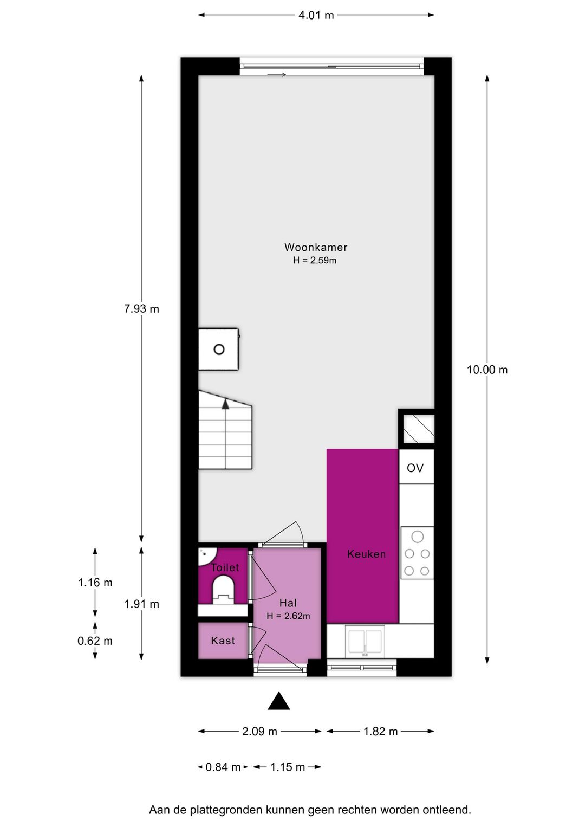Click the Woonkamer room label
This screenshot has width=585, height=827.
[x=316, y=247]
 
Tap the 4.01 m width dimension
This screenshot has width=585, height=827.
[x=316, y=15]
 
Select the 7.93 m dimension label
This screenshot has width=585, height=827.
[x=141, y=309]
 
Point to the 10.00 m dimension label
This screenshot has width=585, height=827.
[x=487, y=370]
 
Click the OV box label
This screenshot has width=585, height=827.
[x=415, y=468]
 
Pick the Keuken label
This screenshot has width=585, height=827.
[x=366, y=554]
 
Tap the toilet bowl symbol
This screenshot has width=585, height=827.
[x=223, y=589]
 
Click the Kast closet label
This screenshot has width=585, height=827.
[x=223, y=641]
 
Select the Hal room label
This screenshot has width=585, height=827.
[x=288, y=603]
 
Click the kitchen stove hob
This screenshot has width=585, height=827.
[x=417, y=553]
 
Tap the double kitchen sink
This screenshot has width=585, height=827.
[x=365, y=641]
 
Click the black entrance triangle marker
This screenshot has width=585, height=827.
[x=279, y=701]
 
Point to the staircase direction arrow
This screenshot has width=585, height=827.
[x=225, y=404]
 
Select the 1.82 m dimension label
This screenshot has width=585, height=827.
[x=380, y=731]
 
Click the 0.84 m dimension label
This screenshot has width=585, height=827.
[x=223, y=767]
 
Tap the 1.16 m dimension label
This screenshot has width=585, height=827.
[x=95, y=583]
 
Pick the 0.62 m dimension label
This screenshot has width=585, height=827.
[x=95, y=641]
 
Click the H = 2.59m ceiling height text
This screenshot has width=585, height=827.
[x=315, y=261]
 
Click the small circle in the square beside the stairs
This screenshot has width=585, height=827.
[x=219, y=350]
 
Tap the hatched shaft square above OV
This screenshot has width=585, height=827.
[x=417, y=428]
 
